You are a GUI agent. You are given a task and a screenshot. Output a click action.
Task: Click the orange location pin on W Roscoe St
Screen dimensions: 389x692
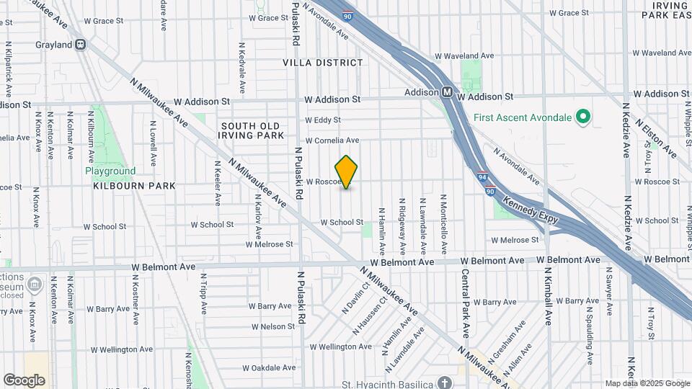[347, 171]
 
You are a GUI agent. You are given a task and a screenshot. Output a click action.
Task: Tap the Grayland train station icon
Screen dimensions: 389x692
[81, 45]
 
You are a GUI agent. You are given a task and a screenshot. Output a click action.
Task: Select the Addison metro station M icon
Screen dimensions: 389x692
[447, 92]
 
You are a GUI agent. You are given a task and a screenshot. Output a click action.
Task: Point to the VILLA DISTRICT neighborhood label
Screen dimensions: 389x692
[323, 63]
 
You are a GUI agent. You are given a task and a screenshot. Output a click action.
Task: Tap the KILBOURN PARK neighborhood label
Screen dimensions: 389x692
[134, 186]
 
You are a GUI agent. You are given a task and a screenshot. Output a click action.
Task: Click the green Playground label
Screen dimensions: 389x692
[110, 171]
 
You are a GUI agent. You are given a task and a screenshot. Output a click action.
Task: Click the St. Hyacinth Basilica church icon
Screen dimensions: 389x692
[445, 382]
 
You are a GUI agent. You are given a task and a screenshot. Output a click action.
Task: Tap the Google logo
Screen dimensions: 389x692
[24, 380]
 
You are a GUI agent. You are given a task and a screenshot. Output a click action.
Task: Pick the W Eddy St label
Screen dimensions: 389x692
[322, 120]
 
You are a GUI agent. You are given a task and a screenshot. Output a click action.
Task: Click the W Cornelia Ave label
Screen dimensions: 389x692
[332, 140]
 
